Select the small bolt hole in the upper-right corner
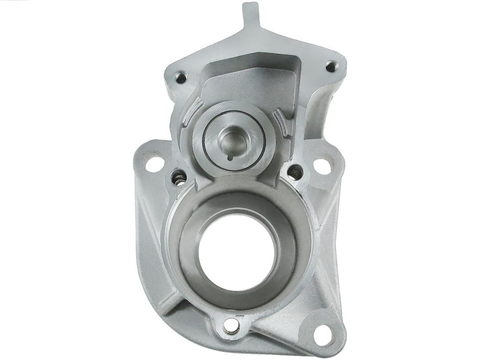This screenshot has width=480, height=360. point(330,67)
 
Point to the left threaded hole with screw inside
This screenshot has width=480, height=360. point(179,177)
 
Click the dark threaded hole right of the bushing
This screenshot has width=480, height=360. point(294,172)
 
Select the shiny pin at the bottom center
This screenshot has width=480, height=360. point(230,326)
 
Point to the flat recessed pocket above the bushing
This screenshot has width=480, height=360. point(249,82)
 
